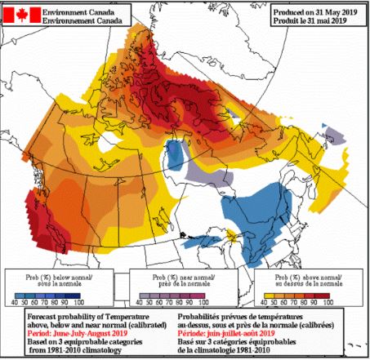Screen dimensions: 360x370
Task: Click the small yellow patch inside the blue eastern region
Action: [234, 238]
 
